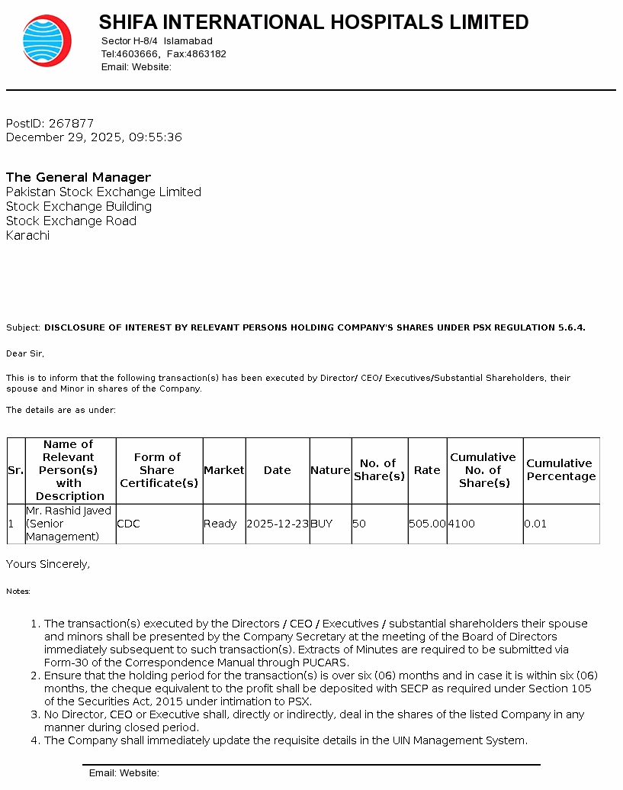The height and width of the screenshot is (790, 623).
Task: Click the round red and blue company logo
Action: [x=47, y=41]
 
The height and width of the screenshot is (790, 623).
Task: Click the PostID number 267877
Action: [x=71, y=124]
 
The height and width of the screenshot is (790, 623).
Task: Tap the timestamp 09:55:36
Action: [x=156, y=137]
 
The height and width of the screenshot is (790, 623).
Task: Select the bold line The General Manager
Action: [x=79, y=178]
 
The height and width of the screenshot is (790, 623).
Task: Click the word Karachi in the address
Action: [x=27, y=236]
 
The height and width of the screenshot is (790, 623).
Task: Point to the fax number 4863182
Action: [x=207, y=54]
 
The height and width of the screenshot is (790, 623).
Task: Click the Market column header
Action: [x=223, y=470]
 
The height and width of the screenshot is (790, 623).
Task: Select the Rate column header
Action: [x=427, y=470]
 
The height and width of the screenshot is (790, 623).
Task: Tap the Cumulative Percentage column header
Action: [x=560, y=470]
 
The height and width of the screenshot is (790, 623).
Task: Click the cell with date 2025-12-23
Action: [x=278, y=524]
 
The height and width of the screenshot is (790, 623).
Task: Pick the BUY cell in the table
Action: [x=321, y=524]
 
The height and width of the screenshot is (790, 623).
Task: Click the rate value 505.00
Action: [x=427, y=524]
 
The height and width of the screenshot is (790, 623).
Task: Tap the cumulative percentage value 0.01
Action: [x=535, y=524]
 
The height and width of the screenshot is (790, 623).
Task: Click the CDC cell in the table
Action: [x=128, y=524]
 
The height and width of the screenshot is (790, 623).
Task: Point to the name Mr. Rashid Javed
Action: [x=69, y=511]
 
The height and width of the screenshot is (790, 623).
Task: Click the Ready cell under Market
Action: [x=220, y=524]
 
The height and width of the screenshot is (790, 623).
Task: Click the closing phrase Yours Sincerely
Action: [x=48, y=564]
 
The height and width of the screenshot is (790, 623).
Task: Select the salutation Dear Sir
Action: [x=24, y=354]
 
